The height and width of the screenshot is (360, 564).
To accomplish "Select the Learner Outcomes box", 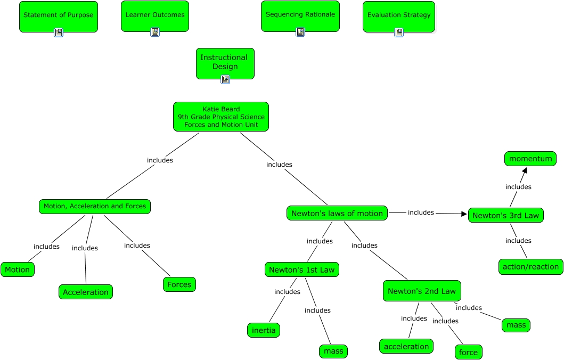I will click(x=155, y=15).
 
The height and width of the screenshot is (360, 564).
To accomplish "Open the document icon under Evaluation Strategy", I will click(x=399, y=32).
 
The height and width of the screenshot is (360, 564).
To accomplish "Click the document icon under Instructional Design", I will click(x=225, y=79).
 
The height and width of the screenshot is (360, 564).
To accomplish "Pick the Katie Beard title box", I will click(x=221, y=117).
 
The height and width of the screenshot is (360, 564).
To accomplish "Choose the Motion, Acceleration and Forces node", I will click(x=95, y=206).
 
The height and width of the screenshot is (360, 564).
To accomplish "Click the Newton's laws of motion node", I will click(x=337, y=214).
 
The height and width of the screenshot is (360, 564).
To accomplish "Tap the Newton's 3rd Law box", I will click(x=506, y=216).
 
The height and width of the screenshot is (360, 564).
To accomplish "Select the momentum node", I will click(x=530, y=159).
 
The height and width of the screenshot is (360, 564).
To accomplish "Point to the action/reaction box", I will click(x=531, y=267).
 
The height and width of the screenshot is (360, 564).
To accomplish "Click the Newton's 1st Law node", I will click(x=302, y=270).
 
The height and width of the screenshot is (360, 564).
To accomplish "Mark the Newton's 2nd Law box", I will click(x=422, y=291).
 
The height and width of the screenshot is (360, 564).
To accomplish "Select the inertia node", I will click(x=264, y=330).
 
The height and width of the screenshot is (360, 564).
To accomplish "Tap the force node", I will click(x=469, y=352).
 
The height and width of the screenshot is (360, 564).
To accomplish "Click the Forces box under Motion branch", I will click(x=179, y=284).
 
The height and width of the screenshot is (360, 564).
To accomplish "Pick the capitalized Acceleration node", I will click(x=86, y=292).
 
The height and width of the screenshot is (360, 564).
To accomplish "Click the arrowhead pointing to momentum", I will click(x=525, y=170).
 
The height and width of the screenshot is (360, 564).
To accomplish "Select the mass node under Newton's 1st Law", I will click(x=334, y=351).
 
